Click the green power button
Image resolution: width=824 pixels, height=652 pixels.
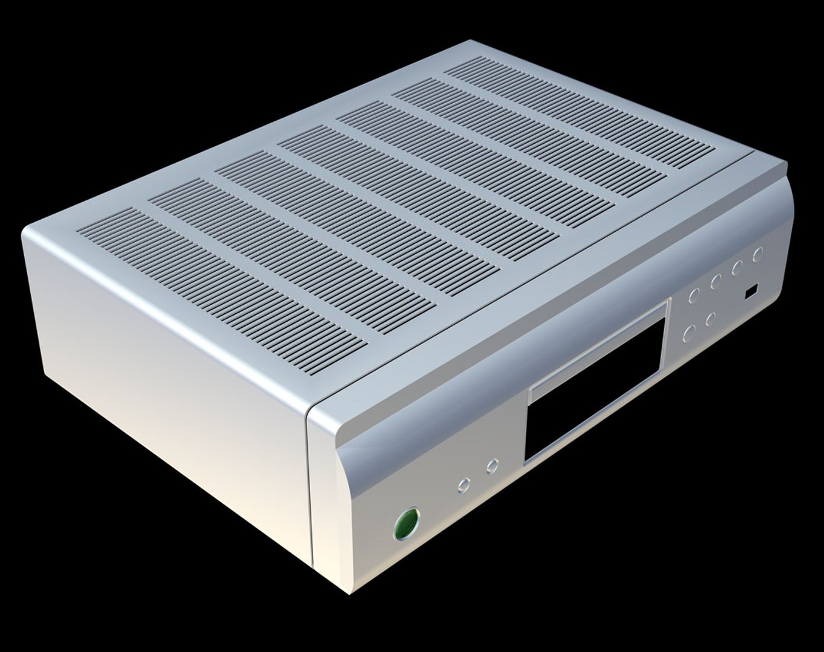tap(407, 524)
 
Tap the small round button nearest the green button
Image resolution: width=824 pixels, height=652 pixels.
tap(464, 484)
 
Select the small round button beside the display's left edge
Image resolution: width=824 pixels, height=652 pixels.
tap(493, 465)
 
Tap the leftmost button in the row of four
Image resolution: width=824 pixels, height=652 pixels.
tap(694, 295)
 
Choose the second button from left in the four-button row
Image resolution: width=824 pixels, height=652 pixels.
tap(716, 281)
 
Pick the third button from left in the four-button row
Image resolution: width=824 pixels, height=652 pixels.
tap(737, 267)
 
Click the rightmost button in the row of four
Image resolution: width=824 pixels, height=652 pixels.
tap(758, 254)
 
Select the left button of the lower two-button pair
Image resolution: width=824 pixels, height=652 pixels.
tap(689, 331)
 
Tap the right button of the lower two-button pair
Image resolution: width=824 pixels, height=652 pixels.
tap(711, 318)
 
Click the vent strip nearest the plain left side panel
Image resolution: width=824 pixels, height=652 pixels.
tap(223, 284)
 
